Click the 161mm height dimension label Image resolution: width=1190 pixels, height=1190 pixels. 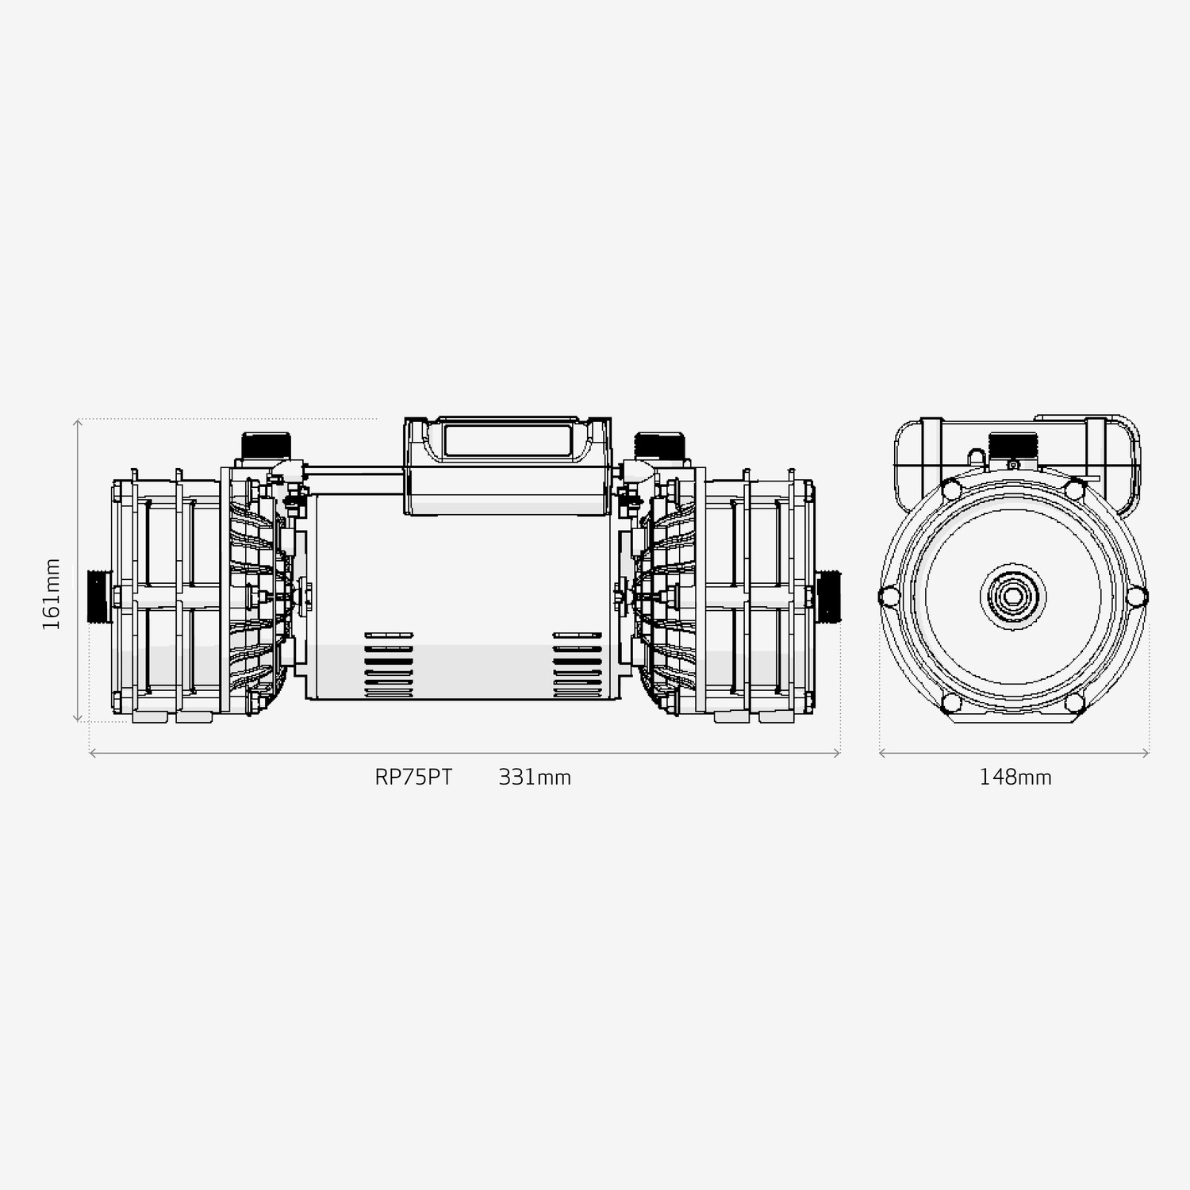tap(52, 594)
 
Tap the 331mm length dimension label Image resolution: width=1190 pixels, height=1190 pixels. tap(535, 777)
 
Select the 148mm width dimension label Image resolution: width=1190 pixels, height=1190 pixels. tap(1015, 777)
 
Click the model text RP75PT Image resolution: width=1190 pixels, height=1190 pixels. tap(413, 777)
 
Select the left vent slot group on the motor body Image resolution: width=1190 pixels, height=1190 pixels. tap(389, 665)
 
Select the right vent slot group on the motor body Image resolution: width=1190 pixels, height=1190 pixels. tap(577, 665)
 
